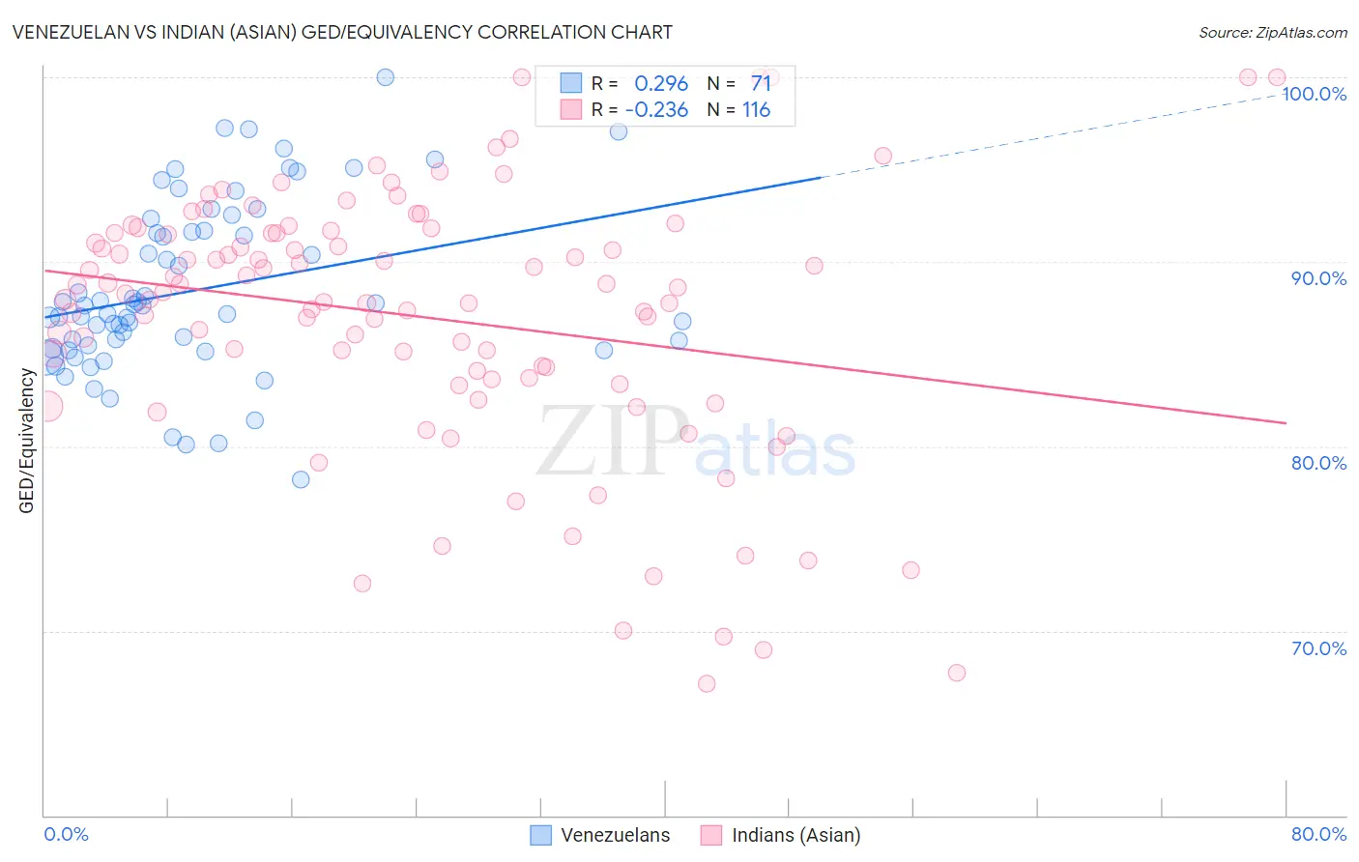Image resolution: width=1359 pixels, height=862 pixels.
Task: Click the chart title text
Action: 342,32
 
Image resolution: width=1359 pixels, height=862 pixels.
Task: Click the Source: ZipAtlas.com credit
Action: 1272,33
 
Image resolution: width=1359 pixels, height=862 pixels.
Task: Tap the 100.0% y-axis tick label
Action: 1314,94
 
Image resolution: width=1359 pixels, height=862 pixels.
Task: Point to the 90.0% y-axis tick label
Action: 1318,278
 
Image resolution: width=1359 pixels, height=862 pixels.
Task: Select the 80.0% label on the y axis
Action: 1318,463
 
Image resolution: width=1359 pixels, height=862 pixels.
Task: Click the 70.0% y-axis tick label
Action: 1318,648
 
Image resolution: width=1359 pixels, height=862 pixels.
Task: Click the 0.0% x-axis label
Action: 66,834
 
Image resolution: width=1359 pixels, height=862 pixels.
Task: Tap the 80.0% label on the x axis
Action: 1318,834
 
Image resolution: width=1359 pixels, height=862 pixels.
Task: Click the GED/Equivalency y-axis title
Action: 27,441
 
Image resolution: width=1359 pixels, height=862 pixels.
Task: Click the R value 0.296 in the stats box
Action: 661,84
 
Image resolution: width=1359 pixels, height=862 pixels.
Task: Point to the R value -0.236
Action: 657,109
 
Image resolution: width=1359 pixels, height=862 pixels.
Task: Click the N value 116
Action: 756,109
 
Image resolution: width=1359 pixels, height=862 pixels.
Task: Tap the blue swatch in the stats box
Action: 571,84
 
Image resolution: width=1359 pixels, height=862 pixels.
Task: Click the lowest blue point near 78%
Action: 301,479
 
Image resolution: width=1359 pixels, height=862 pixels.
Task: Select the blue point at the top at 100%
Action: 385,77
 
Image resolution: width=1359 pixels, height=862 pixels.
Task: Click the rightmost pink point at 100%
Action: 1276,77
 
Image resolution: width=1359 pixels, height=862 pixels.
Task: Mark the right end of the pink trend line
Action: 1286,423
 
